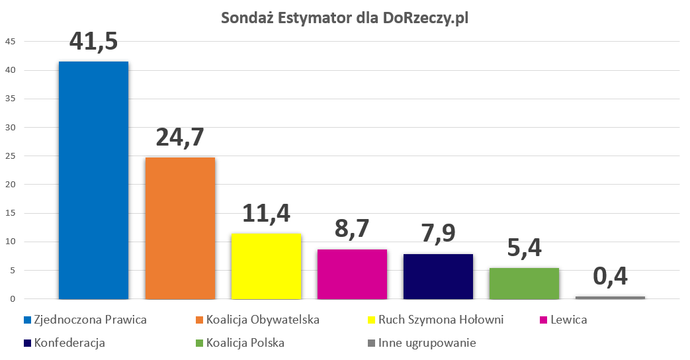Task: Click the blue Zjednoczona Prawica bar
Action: click(93, 180)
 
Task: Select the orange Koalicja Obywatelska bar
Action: click(180, 228)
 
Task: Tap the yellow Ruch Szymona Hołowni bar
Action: click(266, 266)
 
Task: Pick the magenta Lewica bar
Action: click(352, 274)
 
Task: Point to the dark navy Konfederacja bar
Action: click(438, 277)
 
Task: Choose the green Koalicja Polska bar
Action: click(524, 283)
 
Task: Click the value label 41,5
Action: click(93, 41)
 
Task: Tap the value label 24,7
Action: click(180, 137)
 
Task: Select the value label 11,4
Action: click(266, 213)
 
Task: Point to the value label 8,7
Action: click(352, 228)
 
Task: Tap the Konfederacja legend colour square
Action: click(26, 343)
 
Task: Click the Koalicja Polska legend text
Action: click(245, 343)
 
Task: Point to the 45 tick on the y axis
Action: click(10, 42)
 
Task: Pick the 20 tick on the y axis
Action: click(10, 185)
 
